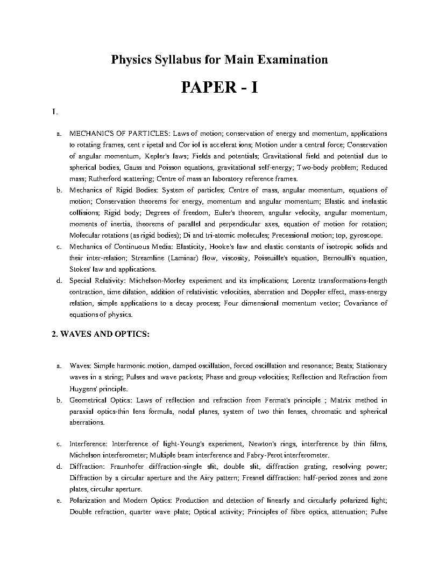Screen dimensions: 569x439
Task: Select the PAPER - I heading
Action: [x=219, y=87]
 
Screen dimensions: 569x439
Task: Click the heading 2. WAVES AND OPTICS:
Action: [x=101, y=334]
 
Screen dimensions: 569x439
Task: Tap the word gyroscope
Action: [x=366, y=235]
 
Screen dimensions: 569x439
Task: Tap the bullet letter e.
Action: [x=58, y=501]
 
